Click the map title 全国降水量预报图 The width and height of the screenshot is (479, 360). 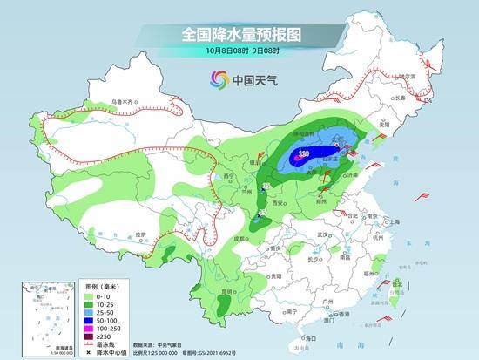[239, 34]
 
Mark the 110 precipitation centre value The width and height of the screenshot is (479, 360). [305, 153]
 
